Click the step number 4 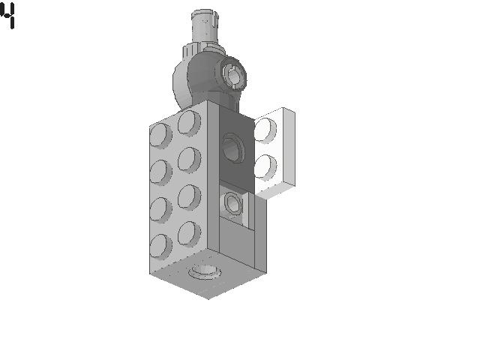[x=7, y=15]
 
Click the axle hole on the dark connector [x=233, y=75]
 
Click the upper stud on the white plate [x=265, y=130]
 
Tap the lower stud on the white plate [x=265, y=167]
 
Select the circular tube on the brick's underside [x=204, y=272]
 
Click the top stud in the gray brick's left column [x=160, y=135]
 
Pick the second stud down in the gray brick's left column [x=160, y=172]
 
